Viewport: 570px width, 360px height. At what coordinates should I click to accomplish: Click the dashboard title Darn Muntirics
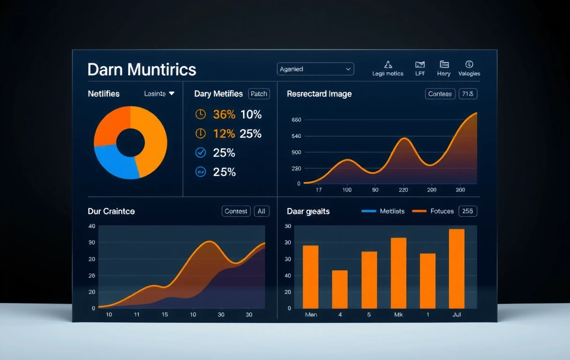[142, 69]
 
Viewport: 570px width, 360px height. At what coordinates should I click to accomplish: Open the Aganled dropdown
[315, 69]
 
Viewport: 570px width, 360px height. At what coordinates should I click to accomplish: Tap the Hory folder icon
[444, 65]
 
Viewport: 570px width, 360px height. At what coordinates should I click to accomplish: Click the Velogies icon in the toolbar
[469, 65]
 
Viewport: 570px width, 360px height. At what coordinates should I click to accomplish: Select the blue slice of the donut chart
[115, 161]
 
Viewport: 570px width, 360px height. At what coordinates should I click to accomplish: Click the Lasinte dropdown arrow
[172, 94]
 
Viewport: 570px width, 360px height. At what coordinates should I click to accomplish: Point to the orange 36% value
[224, 114]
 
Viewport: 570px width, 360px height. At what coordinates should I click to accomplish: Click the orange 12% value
[224, 134]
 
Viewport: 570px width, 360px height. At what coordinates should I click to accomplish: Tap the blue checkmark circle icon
[200, 152]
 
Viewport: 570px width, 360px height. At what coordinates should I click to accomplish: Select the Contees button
[440, 94]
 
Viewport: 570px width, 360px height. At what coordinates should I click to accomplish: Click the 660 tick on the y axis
[296, 120]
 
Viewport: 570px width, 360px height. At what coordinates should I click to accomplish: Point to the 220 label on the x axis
[403, 190]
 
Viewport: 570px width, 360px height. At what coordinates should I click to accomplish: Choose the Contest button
[236, 211]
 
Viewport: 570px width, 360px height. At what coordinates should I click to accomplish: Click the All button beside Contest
[262, 211]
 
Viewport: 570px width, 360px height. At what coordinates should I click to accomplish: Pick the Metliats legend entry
[383, 211]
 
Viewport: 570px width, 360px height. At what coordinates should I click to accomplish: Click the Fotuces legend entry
[433, 211]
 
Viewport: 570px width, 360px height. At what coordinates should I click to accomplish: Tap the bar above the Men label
[311, 277]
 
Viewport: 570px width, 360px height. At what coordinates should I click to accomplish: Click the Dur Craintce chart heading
[111, 211]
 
